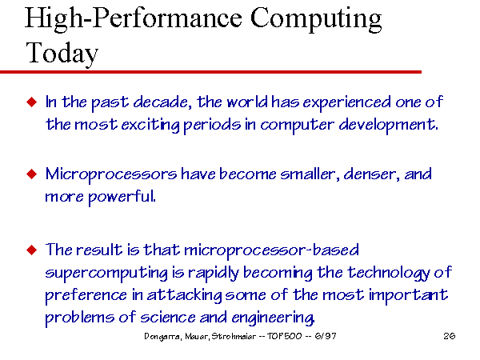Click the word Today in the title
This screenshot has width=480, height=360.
point(62,53)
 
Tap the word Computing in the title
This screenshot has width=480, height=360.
point(316,19)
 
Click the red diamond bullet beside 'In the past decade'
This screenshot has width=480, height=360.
point(32,102)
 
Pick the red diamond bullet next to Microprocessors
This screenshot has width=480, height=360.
point(32,174)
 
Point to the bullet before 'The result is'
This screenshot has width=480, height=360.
point(32,250)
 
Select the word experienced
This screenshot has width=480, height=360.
point(347,103)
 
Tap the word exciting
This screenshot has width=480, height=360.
point(150,126)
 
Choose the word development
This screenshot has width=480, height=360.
point(388,126)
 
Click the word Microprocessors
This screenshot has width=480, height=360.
point(111,175)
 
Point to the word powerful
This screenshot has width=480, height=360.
point(122,197)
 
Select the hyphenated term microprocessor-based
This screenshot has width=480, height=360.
point(271,250)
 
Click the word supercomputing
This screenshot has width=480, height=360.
point(106,274)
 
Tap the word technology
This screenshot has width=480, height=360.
point(389,273)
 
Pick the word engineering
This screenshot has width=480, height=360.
point(273,318)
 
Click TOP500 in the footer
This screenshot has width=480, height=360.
point(284,336)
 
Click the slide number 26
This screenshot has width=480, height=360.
point(449,336)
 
